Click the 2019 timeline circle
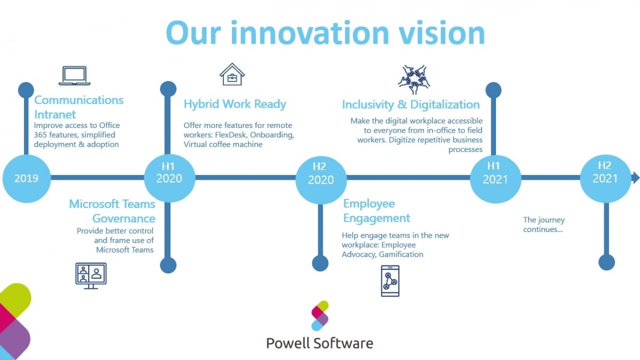click(26, 178)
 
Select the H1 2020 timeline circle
click(169, 178)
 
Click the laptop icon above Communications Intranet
click(74, 76)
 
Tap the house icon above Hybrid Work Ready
click(232, 74)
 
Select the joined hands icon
click(413, 79)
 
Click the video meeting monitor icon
click(91, 276)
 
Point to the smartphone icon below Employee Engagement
click(390, 281)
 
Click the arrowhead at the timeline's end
click(635, 178)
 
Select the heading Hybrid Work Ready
click(235, 104)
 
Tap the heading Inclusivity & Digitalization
click(411, 105)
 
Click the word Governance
click(124, 218)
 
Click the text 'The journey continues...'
click(543, 225)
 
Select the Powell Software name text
click(319, 342)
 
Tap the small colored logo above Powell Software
click(320, 315)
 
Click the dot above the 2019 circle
click(26, 90)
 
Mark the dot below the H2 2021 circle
click(606, 262)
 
